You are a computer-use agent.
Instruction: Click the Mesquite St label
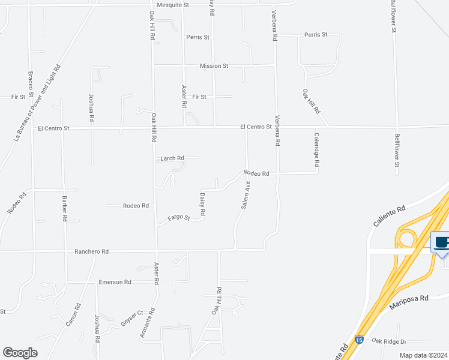[x=172, y=5]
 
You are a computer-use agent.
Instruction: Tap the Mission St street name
[x=214, y=66]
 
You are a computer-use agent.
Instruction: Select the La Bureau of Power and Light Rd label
[x=38, y=103]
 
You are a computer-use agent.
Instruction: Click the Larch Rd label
[x=172, y=158]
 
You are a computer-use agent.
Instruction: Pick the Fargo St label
[x=179, y=218]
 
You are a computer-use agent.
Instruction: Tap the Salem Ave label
[x=246, y=196]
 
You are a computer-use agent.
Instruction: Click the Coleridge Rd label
[x=316, y=150]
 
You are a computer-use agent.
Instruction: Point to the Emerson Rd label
[x=115, y=282]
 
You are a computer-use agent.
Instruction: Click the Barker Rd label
[x=64, y=208]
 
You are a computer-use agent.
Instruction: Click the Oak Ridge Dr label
[x=388, y=341]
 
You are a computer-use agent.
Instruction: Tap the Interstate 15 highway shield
[x=359, y=340]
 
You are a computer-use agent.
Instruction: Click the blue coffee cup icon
[x=441, y=242]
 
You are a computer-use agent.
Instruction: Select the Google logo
[x=20, y=353]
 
